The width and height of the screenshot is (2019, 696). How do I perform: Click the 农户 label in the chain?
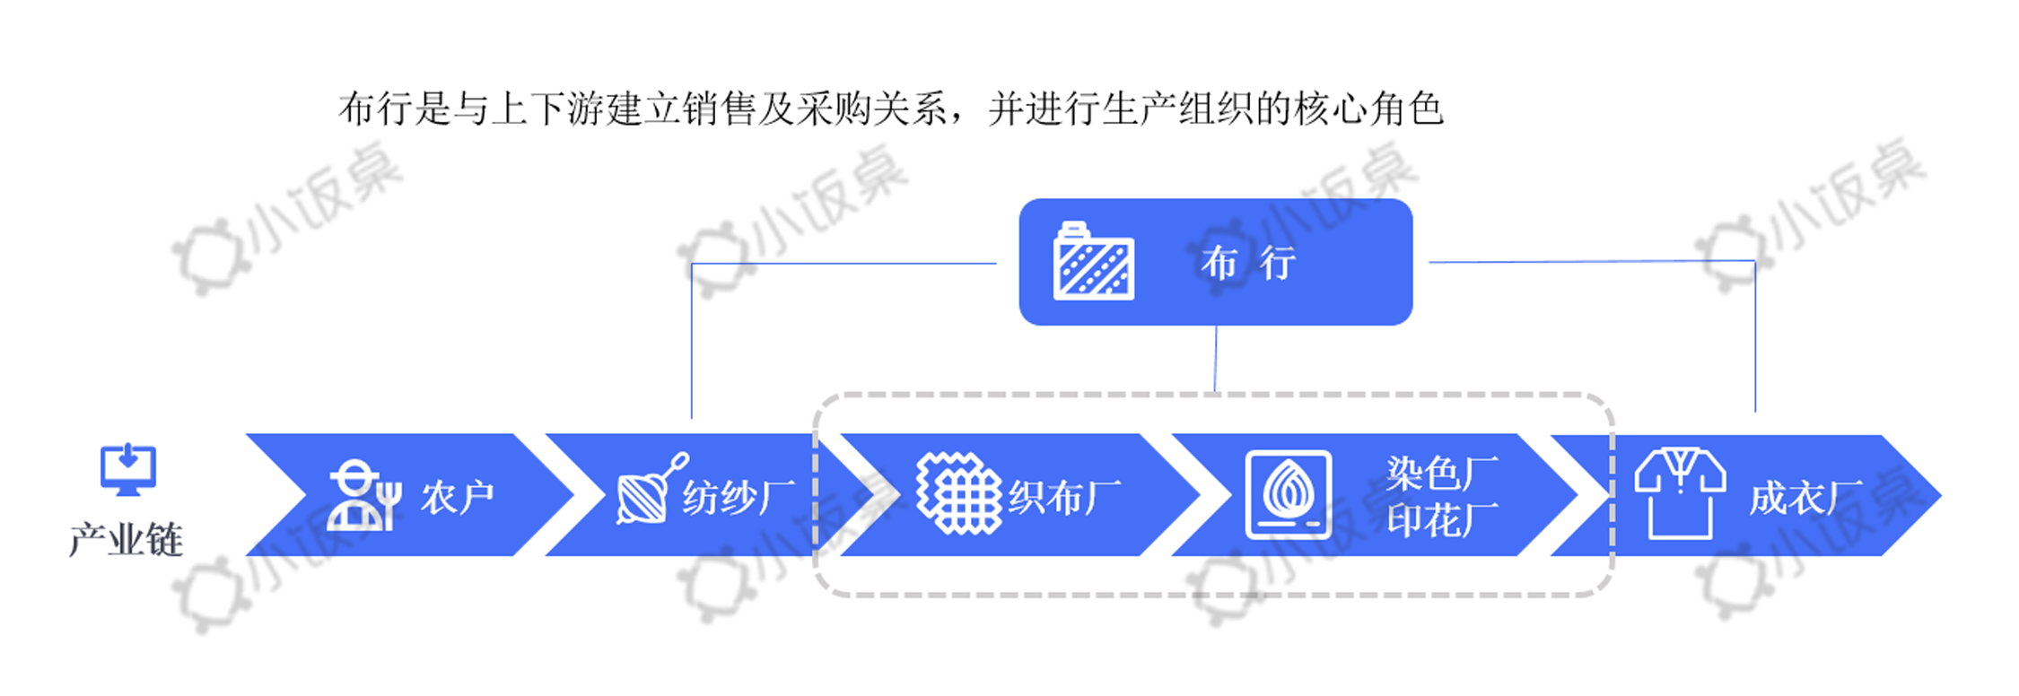(x=458, y=497)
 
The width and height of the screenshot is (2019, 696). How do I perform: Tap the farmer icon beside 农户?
(x=362, y=496)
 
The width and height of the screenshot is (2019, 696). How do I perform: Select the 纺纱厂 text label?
(x=738, y=497)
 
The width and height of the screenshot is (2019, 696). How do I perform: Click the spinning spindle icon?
(x=650, y=491)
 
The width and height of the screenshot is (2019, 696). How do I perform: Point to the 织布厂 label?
(x=1064, y=497)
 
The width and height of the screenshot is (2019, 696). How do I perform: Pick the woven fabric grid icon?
(x=958, y=493)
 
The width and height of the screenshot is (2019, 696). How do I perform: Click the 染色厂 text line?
(x=1441, y=473)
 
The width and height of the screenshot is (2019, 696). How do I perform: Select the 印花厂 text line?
(x=1441, y=519)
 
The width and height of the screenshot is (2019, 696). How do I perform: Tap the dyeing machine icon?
(x=1288, y=494)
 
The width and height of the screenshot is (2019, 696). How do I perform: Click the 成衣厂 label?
(x=1804, y=498)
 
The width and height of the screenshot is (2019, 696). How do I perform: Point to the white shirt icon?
(x=1680, y=492)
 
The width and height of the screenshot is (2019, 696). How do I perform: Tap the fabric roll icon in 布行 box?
(x=1093, y=261)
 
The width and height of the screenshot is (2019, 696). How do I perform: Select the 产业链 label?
(x=127, y=540)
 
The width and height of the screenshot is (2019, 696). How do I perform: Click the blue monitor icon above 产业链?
(x=127, y=469)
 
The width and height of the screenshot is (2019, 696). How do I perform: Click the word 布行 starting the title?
(x=376, y=109)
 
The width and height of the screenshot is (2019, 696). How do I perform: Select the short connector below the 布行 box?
(x=1215, y=359)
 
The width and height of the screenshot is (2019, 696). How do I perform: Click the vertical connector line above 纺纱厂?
(x=692, y=341)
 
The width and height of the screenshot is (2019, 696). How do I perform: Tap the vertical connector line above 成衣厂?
(x=1754, y=336)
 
